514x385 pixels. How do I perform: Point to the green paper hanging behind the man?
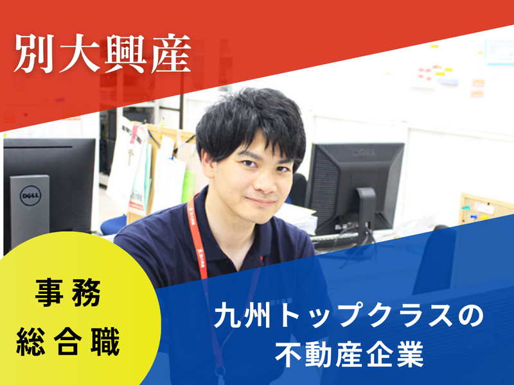[x=188, y=186]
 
